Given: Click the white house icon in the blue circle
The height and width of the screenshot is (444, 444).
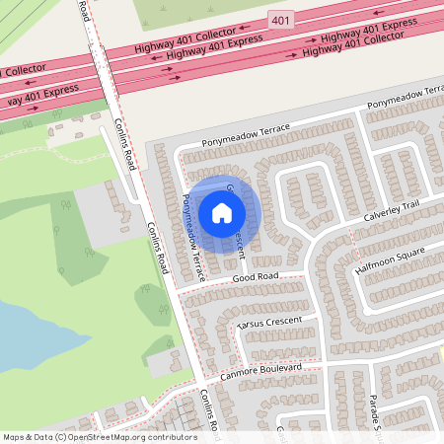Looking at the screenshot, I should [x=221, y=212].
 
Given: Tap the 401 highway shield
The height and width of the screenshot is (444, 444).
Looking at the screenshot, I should [x=280, y=19].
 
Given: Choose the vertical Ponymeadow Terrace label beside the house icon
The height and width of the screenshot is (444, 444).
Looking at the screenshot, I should [x=191, y=238].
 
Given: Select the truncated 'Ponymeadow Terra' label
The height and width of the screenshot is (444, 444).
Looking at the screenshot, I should [x=405, y=104].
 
